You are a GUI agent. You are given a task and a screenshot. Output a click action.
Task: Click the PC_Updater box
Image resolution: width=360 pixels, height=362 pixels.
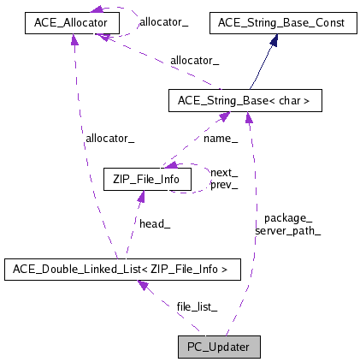pyautogui.click(x=218, y=347)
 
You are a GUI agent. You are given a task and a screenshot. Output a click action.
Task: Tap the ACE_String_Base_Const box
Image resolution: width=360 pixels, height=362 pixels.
pyautogui.click(x=283, y=23)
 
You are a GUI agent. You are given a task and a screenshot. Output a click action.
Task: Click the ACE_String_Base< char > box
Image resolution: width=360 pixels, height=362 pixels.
pyautogui.click(x=245, y=101)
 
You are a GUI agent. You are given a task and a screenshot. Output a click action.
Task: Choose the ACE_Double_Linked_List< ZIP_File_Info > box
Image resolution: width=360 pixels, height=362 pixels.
pyautogui.click(x=121, y=270)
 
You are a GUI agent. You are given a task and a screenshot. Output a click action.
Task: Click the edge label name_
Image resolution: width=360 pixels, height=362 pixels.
pyautogui.click(x=221, y=138)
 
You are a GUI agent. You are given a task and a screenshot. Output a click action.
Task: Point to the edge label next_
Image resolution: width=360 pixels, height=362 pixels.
pyautogui.click(x=224, y=172)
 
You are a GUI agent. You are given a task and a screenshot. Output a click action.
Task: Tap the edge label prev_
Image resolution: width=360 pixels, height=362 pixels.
pyautogui.click(x=224, y=184)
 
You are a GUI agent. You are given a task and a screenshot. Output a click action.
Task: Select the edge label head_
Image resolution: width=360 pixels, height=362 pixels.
pyautogui.click(x=155, y=223)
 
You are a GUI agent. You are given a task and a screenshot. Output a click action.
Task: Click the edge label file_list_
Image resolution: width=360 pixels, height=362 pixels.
pyautogui.click(x=197, y=306)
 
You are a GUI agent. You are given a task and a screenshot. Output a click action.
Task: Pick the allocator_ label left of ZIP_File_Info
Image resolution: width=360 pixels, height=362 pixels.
pyautogui.click(x=109, y=138)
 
